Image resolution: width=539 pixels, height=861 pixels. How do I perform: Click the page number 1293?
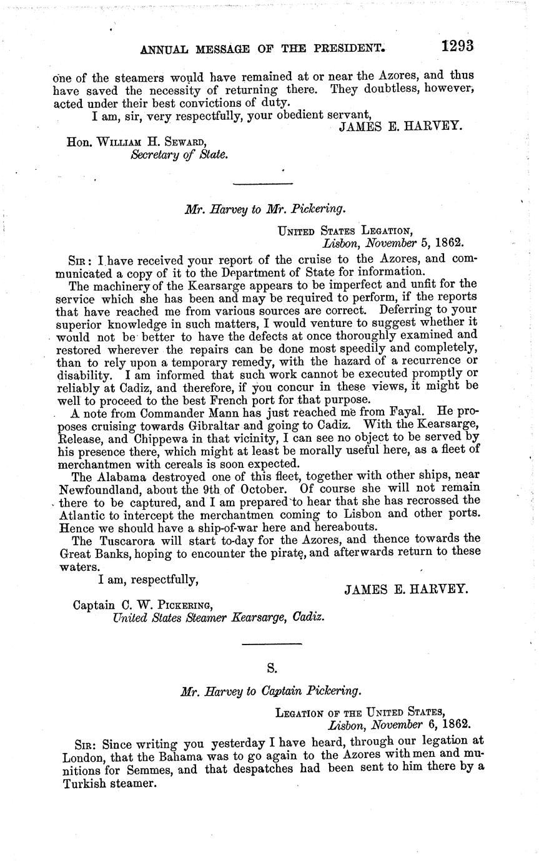pos(457,46)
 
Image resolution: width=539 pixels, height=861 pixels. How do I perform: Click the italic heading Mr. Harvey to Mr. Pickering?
pos(265,210)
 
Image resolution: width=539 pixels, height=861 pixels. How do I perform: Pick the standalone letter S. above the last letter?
pos(271,668)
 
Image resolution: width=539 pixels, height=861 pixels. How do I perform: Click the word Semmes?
pos(151,770)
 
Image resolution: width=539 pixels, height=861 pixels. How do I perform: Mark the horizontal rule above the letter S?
pos(271,644)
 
